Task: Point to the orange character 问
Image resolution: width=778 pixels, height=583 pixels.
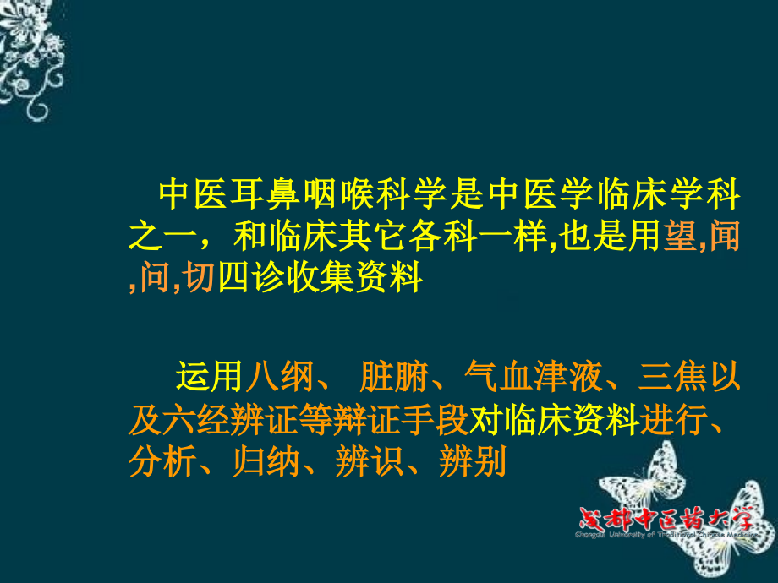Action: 156,278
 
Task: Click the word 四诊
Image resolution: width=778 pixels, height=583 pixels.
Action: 244,278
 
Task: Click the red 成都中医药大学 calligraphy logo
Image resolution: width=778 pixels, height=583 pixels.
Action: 672,518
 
